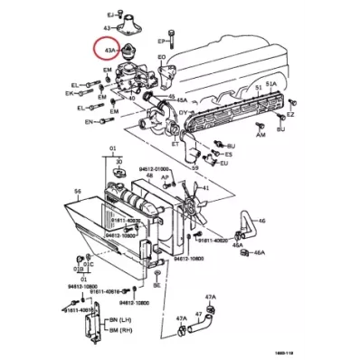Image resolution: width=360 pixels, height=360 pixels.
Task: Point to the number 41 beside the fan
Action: point(206,188)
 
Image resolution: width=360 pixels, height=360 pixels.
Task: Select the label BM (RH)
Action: point(114,332)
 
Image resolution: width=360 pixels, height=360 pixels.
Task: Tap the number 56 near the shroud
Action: point(78,192)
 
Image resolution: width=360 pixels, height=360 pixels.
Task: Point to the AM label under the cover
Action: point(261,134)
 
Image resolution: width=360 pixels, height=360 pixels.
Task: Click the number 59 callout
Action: point(194,167)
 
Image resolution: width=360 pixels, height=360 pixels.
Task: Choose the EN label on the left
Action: point(89,120)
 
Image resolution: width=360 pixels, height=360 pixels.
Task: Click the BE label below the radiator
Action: point(156,284)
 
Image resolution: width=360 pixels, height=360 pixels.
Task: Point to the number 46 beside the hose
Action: point(262,220)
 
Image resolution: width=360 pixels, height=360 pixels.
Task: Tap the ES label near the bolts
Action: point(228,155)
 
